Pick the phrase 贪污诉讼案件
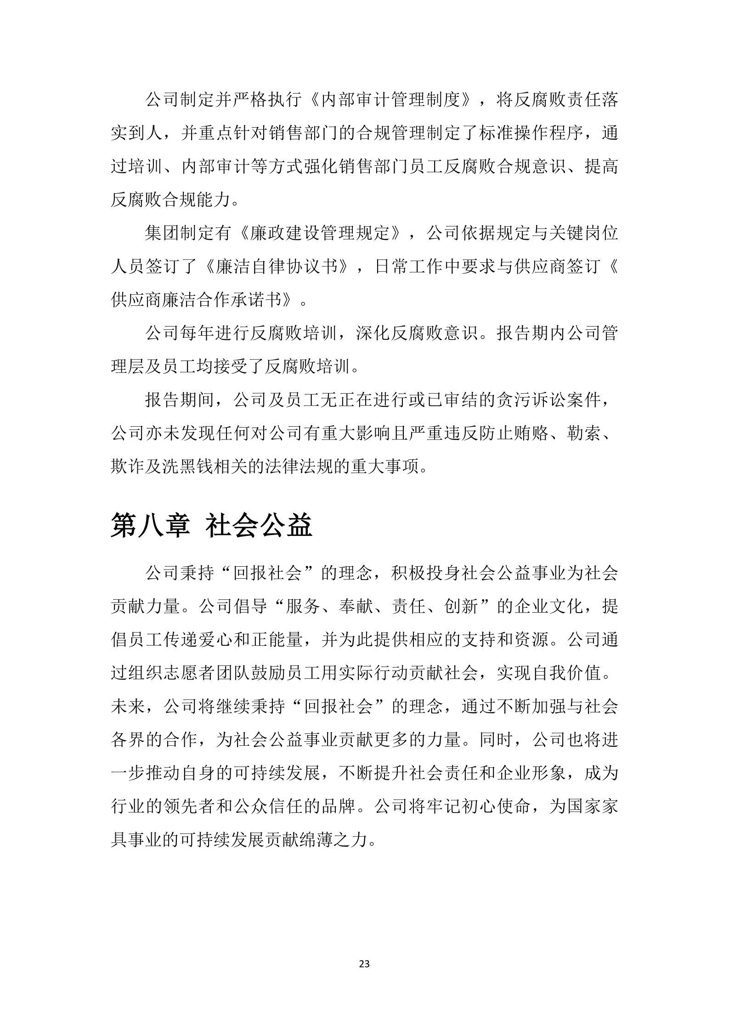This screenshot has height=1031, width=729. coord(548,400)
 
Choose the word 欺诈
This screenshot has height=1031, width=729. coord(128,468)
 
